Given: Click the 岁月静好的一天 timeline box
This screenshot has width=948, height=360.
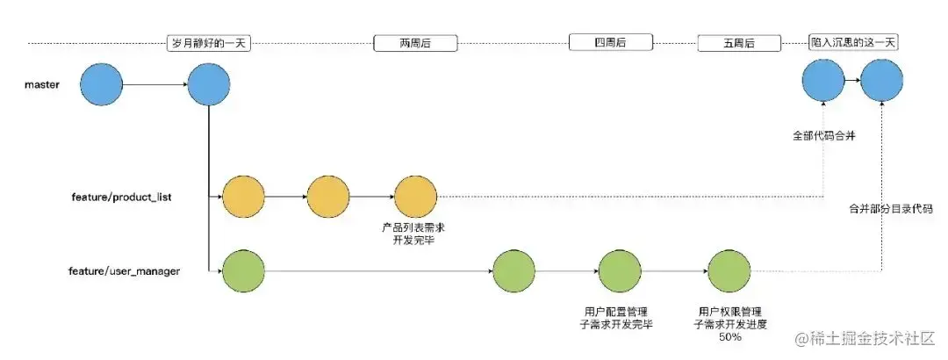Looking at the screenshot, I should pyautogui.click(x=209, y=42).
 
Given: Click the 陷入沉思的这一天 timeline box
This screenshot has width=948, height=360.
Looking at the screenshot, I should pyautogui.click(x=855, y=42).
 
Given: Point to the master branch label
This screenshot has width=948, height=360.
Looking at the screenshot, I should pyautogui.click(x=42, y=85).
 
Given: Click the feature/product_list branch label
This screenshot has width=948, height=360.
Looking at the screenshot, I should pyautogui.click(x=120, y=197).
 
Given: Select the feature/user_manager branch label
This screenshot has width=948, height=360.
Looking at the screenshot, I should pyautogui.click(x=126, y=271).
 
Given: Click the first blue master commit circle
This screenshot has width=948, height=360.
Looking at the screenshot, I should pyautogui.click(x=101, y=85).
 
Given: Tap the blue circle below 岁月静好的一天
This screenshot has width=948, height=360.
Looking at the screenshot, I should pyautogui.click(x=209, y=85).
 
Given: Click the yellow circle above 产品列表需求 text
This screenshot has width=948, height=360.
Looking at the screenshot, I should pyautogui.click(x=415, y=197).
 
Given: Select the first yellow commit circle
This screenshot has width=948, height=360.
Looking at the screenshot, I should pyautogui.click(x=244, y=197).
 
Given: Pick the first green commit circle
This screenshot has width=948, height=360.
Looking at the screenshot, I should pyautogui.click(x=244, y=271).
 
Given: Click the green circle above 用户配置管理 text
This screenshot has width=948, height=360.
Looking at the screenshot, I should pyautogui.click(x=621, y=271).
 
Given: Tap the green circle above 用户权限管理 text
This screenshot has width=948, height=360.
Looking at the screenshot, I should pyautogui.click(x=729, y=271).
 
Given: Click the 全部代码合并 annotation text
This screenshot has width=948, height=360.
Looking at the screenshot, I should pyautogui.click(x=822, y=137).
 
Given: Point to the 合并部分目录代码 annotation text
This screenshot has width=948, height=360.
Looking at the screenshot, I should pyautogui.click(x=890, y=209).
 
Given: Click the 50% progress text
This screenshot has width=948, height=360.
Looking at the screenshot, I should pyautogui.click(x=729, y=337).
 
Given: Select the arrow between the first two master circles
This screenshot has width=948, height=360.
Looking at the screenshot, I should pyautogui.click(x=154, y=85).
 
